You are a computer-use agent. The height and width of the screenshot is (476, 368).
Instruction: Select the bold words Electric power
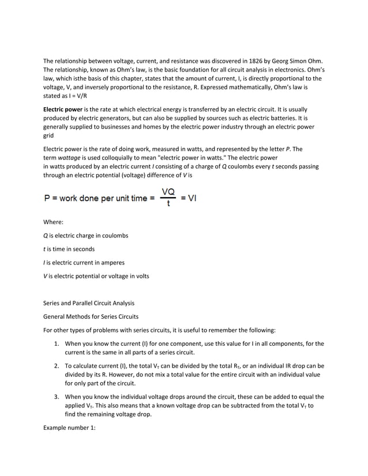[63, 109]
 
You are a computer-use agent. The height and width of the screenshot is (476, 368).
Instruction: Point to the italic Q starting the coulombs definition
[46, 236]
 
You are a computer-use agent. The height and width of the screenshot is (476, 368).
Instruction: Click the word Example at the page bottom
[57, 428]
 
